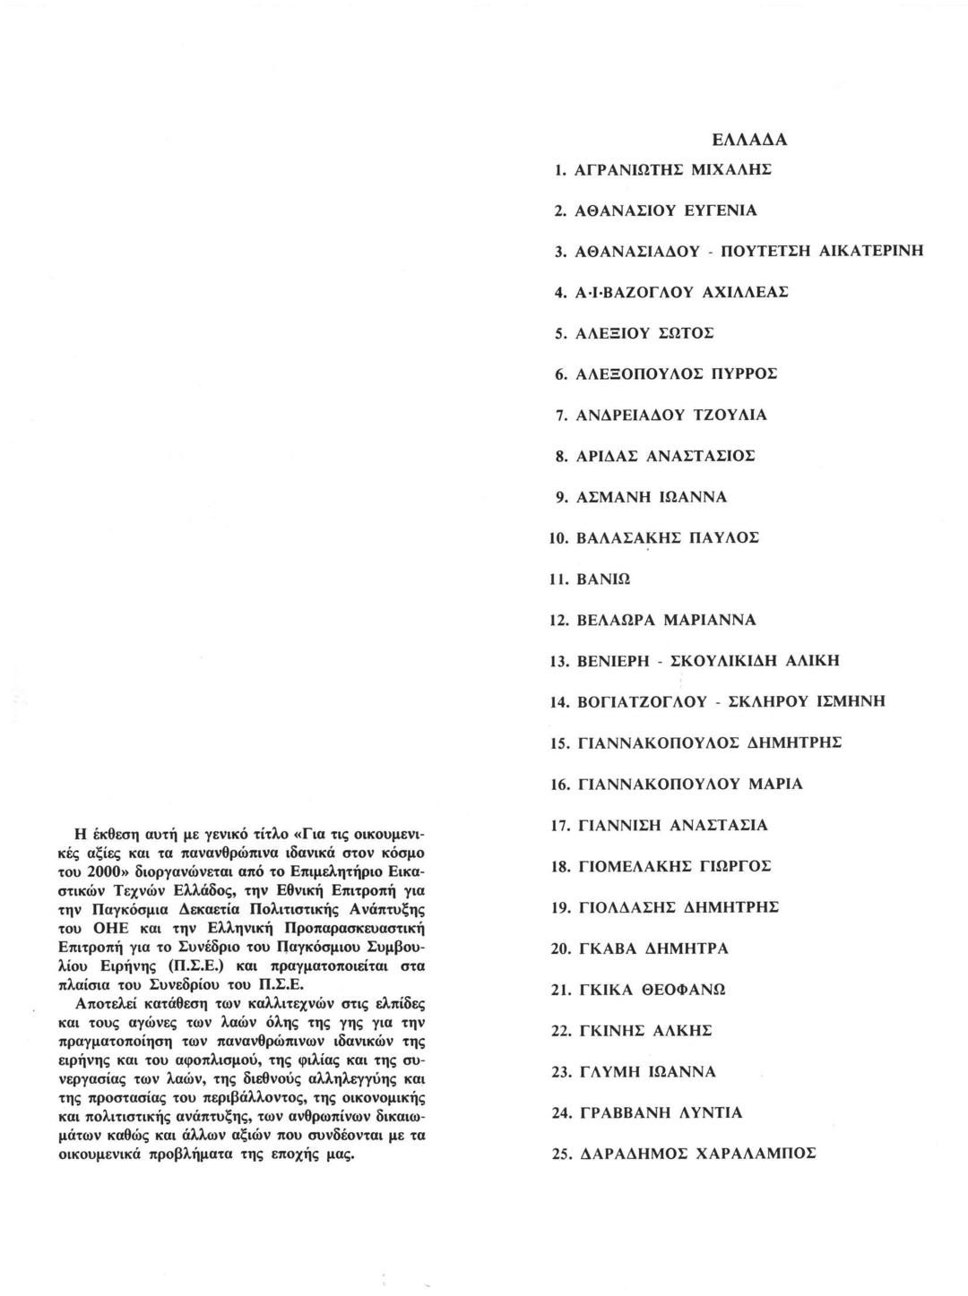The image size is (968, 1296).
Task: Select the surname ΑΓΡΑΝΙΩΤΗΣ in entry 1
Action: click(x=629, y=169)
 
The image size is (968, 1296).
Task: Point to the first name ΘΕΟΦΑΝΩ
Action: click(x=685, y=991)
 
